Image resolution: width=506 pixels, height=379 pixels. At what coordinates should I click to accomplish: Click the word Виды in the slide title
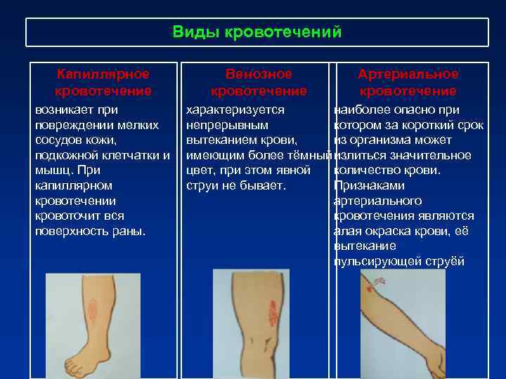pos(191,32)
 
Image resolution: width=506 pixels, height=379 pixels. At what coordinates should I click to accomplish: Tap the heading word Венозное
pos(259,74)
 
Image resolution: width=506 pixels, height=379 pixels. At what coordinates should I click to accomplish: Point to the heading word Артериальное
pos(408,74)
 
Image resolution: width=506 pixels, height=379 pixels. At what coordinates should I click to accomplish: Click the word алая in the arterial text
pos(348,231)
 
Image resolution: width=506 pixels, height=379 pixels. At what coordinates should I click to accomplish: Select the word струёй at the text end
pos(446,262)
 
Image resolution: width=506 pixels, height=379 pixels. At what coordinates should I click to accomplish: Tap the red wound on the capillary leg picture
pos(92,309)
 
